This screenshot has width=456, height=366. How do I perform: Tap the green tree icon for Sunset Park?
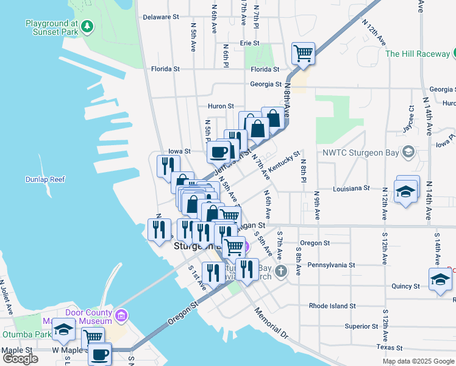point(88,26)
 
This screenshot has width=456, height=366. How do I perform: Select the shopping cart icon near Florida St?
point(303,53)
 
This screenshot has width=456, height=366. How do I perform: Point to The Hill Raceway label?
point(418,54)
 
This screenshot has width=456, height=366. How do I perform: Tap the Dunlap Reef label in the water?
point(45,179)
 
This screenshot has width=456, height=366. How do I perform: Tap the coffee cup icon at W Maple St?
point(99,353)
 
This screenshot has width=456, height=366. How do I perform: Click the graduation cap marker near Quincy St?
point(440,279)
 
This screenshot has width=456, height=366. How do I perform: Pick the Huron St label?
point(221,106)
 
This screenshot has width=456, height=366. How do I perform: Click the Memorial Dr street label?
point(272,324)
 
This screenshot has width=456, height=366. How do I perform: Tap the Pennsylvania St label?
point(331,265)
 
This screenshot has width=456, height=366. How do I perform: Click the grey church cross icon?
point(280,270)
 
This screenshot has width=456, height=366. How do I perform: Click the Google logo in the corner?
point(20,359)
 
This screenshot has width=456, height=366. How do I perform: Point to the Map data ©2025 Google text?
point(417,361)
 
